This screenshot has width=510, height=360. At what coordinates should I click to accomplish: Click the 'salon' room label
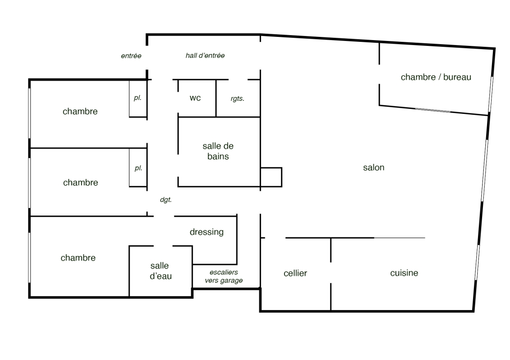click(374, 167)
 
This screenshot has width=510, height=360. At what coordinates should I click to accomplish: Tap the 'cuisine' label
click(404, 273)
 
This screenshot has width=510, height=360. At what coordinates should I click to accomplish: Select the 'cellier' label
click(295, 273)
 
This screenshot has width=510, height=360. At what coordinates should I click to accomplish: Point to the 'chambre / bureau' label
click(436, 77)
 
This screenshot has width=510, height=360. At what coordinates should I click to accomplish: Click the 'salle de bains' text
click(218, 151)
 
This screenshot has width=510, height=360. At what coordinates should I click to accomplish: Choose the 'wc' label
click(195, 98)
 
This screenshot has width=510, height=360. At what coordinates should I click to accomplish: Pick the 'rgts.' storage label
click(237, 99)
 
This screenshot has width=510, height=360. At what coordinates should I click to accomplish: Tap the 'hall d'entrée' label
click(205, 56)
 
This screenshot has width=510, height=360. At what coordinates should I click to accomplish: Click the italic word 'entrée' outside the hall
click(131, 56)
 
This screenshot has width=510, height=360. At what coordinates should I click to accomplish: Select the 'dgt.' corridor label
click(166, 200)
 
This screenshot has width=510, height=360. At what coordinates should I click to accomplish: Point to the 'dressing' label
click(207, 232)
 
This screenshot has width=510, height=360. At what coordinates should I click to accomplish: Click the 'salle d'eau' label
click(160, 271)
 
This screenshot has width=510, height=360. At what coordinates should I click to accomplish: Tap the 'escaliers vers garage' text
click(224, 276)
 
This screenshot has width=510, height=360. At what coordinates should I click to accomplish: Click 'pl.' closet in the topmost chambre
click(138, 98)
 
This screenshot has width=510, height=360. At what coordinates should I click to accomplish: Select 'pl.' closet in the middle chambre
click(139, 168)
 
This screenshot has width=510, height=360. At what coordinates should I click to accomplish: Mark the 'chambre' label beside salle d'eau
click(78, 258)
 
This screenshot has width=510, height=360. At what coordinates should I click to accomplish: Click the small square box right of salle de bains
click(271, 177)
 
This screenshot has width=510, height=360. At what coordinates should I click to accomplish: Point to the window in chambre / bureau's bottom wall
click(433, 110)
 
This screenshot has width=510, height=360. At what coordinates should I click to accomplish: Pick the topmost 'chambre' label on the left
click(80, 112)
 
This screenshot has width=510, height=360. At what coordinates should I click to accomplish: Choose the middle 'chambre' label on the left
click(81, 182)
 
